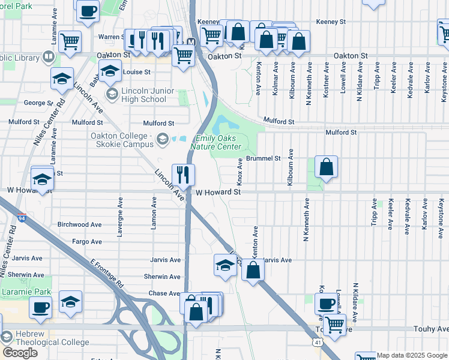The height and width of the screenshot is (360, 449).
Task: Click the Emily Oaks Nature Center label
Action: pyautogui.click(x=216, y=142)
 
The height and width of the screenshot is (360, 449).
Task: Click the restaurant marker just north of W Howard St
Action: pyautogui.click(x=184, y=175)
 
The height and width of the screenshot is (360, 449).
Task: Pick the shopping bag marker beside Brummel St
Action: pyautogui.click(x=326, y=167)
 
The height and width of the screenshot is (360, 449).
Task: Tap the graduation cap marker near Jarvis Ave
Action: pyautogui.click(x=224, y=265)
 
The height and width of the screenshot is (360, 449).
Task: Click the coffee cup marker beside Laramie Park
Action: pyautogui.click(x=41, y=307)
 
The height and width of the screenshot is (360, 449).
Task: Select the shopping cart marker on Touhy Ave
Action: pyautogui.click(x=334, y=325)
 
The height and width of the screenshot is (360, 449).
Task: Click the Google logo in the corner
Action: pyautogui.click(x=20, y=353)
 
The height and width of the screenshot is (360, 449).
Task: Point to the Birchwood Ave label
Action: pyautogui.click(x=79, y=224)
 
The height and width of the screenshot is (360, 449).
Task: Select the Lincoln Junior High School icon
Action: pyautogui.click(x=111, y=94)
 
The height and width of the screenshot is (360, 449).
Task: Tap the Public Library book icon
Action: pyautogui.click(x=49, y=58)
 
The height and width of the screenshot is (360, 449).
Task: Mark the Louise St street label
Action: pyautogui.click(x=136, y=72)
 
